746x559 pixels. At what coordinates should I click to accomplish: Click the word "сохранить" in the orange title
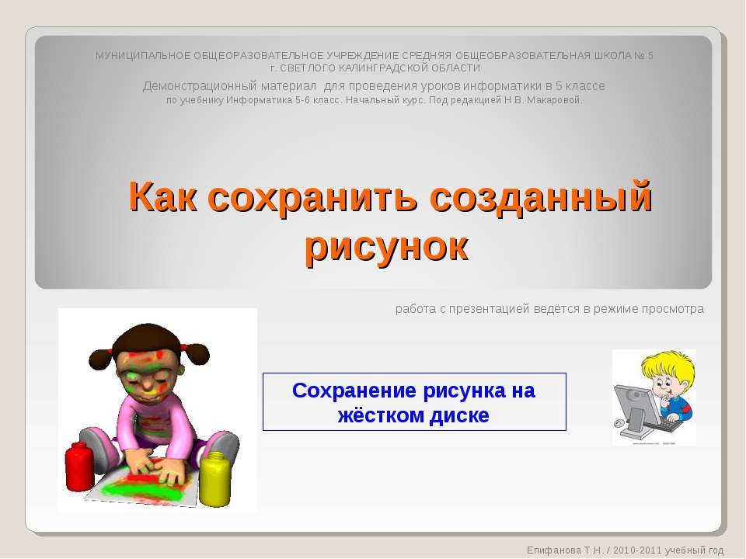[x=312, y=197]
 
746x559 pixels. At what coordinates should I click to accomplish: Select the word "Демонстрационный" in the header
[x=190, y=85]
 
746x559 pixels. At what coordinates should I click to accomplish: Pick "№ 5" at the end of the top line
[x=645, y=55]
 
